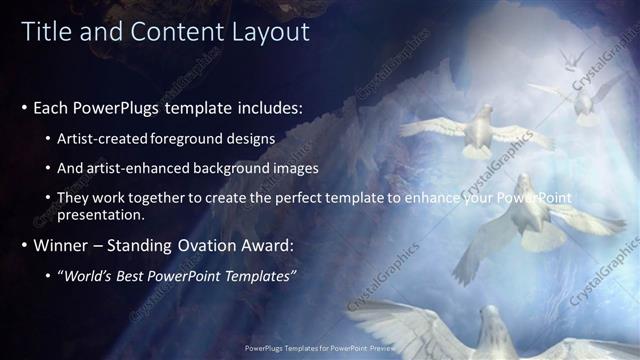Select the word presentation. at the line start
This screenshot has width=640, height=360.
[x=99, y=213]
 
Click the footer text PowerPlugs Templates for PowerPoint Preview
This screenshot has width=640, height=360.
[x=320, y=351]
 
